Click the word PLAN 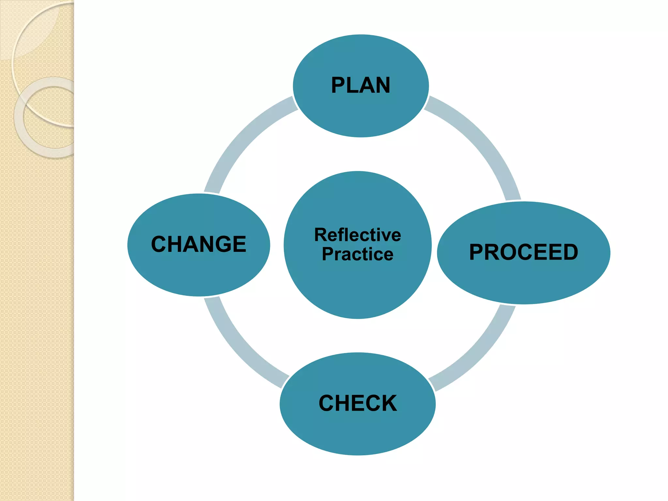[x=360, y=85]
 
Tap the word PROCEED [x=524, y=252]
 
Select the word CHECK [x=358, y=403]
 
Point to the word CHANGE [x=199, y=244]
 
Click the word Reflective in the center [x=357, y=235]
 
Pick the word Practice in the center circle [x=357, y=254]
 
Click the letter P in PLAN [x=339, y=85]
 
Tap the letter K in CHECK [x=388, y=403]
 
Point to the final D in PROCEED [x=569, y=252]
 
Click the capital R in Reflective [x=321, y=235]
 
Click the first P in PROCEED [x=477, y=252]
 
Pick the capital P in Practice [x=328, y=254]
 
